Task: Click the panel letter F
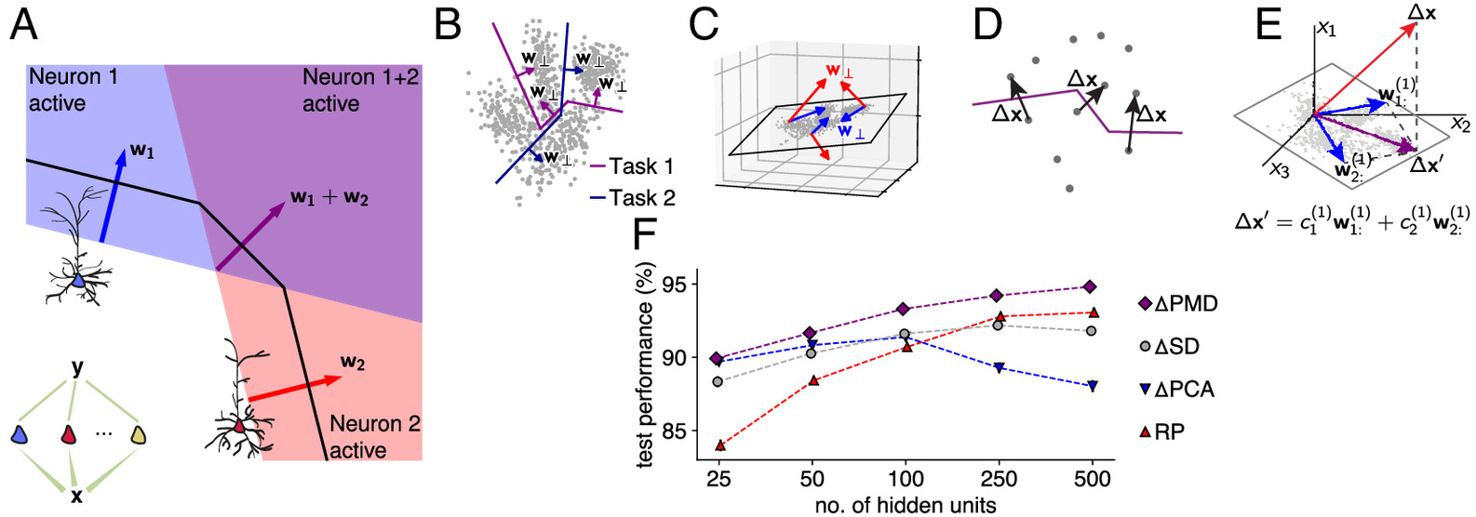(x=646, y=235)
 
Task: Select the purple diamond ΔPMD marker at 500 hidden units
(x=1091, y=286)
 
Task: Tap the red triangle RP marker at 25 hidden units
(x=719, y=445)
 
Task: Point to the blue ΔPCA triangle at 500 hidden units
(x=1091, y=386)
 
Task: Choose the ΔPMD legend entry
(x=1177, y=304)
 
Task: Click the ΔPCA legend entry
(x=1177, y=389)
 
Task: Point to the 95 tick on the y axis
(x=677, y=285)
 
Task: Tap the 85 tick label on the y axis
(x=677, y=431)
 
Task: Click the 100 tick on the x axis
(x=905, y=479)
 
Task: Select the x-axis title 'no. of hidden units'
(x=905, y=505)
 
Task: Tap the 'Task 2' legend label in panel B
(x=641, y=198)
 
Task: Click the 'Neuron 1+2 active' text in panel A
(x=361, y=90)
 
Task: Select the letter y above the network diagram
(x=77, y=368)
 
